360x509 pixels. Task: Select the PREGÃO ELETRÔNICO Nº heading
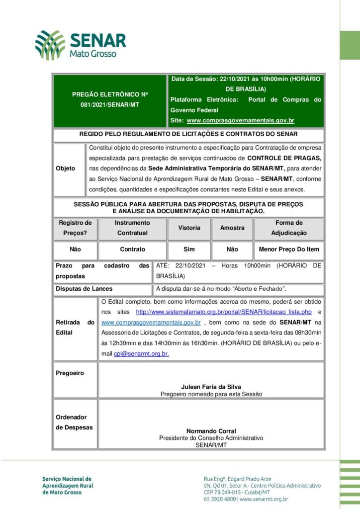pyautogui.click(x=110, y=94)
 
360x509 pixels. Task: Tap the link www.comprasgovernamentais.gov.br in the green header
pyautogui.click(x=240, y=121)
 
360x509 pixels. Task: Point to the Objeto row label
pyautogui.click(x=66, y=169)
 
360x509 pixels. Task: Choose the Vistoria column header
pyautogui.click(x=189, y=228)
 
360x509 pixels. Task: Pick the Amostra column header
pyautogui.click(x=232, y=228)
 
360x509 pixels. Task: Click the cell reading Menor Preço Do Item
pyautogui.click(x=289, y=249)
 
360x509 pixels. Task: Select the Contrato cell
pyautogui.click(x=133, y=249)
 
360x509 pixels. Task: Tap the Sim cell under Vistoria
pyautogui.click(x=189, y=249)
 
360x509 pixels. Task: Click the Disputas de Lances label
pyautogui.click(x=84, y=289)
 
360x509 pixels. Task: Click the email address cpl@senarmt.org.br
pyautogui.click(x=141, y=353)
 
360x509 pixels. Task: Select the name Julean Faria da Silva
pyautogui.click(x=211, y=386)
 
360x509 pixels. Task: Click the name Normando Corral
pyautogui.click(x=211, y=431)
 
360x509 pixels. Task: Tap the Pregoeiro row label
pyautogui.click(x=70, y=373)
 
